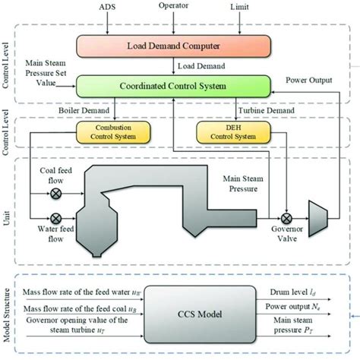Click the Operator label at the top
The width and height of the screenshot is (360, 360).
tap(173, 6)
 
